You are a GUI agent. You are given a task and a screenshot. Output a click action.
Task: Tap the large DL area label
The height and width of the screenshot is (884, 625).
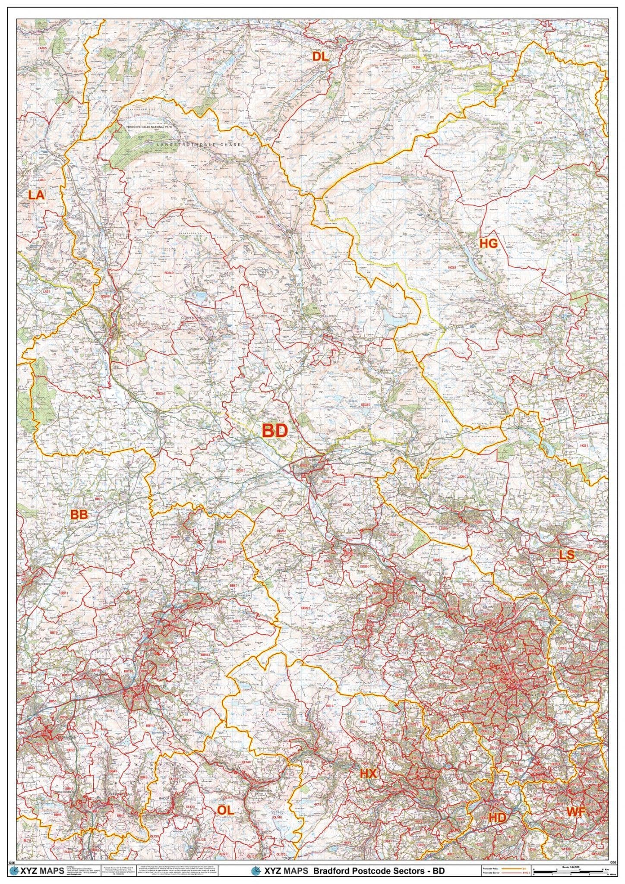click(320, 56)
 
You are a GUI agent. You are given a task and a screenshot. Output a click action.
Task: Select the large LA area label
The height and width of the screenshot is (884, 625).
click(36, 195)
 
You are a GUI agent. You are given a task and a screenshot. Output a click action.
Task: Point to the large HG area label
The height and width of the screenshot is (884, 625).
click(489, 243)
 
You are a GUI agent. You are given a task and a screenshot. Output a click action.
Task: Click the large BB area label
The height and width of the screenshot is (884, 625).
click(79, 514)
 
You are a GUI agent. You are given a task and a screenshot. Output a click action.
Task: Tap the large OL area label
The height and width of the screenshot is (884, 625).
click(225, 810)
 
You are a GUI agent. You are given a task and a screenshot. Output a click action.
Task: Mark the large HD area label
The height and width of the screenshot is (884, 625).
click(497, 818)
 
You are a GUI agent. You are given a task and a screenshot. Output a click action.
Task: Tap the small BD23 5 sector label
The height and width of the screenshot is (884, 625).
click(257, 217)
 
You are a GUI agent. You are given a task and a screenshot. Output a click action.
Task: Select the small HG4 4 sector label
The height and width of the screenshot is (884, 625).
click(538, 123)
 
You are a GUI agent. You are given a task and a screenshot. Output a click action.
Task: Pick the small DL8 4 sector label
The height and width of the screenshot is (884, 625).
click(416, 67)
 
